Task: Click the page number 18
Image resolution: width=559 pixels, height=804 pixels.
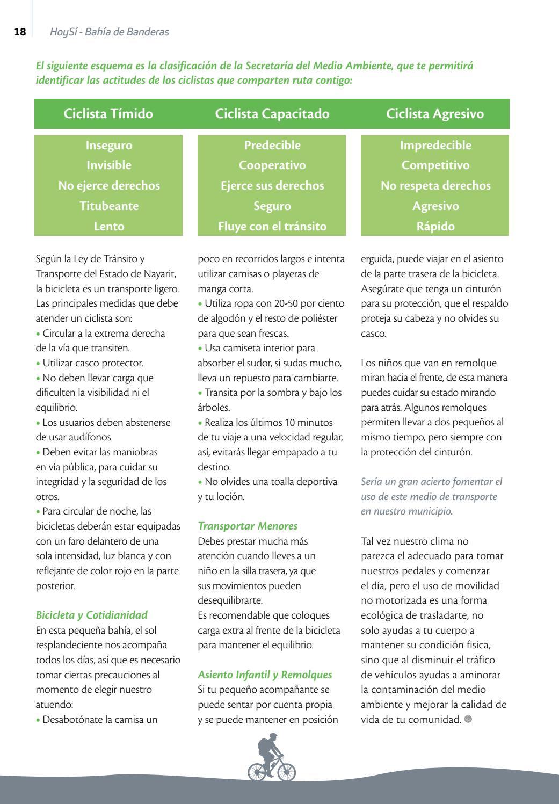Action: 20,32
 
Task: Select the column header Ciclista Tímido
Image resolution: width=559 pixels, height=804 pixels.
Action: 108,114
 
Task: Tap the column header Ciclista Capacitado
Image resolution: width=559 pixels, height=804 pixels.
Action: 272,114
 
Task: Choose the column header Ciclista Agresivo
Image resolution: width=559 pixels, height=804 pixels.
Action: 435,114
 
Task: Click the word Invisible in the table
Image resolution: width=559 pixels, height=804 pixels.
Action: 109,165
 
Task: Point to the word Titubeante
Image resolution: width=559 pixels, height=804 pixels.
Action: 109,206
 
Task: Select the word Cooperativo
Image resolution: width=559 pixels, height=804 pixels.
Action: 272,165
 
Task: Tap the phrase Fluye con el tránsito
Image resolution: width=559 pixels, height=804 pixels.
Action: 272,227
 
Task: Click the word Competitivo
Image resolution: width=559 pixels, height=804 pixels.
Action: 435,165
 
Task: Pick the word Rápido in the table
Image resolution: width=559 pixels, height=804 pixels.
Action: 435,227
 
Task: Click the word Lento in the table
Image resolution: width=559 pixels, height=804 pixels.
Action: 109,227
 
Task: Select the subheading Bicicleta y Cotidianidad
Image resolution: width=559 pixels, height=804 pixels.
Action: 91,615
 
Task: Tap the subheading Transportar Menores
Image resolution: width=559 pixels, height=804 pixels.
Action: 248,526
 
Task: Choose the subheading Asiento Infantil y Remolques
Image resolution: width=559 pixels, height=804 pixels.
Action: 265,675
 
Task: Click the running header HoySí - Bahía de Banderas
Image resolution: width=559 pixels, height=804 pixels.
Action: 109,32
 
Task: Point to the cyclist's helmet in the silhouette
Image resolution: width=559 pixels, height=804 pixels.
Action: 274,736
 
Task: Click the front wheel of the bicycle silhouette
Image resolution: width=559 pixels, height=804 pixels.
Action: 284,771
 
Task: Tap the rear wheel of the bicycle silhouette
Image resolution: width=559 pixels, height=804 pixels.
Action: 258,771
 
